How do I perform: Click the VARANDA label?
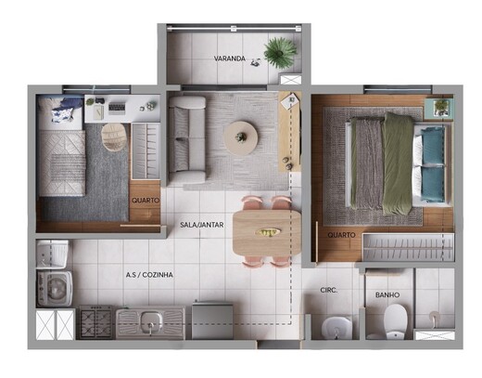tap(230, 59)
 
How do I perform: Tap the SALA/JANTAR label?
tap(202, 225)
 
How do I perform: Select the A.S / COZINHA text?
tap(149, 275)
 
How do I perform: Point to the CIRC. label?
tap(329, 291)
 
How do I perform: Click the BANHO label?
tap(387, 295)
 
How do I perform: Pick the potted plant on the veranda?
tap(280, 52)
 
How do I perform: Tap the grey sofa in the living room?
tap(186, 139)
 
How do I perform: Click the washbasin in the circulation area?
tap(336, 327)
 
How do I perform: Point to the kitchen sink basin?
tap(151, 320)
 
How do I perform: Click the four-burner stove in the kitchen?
tap(95, 322)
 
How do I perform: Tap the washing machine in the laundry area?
tap(55, 289)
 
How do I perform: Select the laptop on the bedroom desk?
tap(117, 108)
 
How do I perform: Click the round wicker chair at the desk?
tap(114, 137)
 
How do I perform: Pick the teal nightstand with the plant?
tap(439, 109)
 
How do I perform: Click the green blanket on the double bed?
tap(398, 163)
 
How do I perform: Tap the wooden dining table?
tap(267, 233)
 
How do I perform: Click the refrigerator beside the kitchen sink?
tap(212, 321)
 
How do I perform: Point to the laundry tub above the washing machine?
tap(52, 254)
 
